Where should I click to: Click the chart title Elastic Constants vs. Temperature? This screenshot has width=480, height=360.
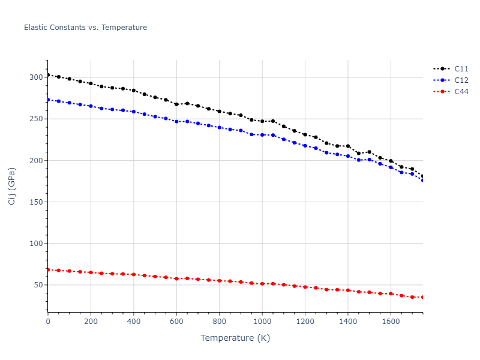pos(85,28)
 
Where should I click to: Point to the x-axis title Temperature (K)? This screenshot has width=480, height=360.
pos(235,338)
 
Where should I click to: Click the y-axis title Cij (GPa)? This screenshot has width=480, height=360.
pos(12,186)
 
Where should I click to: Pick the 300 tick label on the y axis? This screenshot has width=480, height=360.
pos(36,77)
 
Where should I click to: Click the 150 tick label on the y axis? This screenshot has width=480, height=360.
pos(36,202)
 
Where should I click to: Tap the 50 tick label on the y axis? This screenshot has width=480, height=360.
pos(38,285)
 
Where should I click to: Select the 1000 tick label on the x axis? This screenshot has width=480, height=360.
pos(262,321)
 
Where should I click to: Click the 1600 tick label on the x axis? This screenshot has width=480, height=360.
pos(391,321)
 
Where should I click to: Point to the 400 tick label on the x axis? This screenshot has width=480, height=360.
pos(134,321)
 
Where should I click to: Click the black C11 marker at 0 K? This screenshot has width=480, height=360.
pos(48,75)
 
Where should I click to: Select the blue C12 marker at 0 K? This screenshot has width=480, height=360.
pos(48,100)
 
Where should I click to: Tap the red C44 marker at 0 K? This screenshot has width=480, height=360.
pos(48,269)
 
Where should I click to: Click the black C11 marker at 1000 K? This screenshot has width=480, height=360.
pos(262,121)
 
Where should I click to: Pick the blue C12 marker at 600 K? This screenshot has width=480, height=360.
pos(176,121)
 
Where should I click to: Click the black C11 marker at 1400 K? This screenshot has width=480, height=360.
pos(348,146)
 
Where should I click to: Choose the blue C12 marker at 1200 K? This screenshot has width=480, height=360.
pos(305,146)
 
